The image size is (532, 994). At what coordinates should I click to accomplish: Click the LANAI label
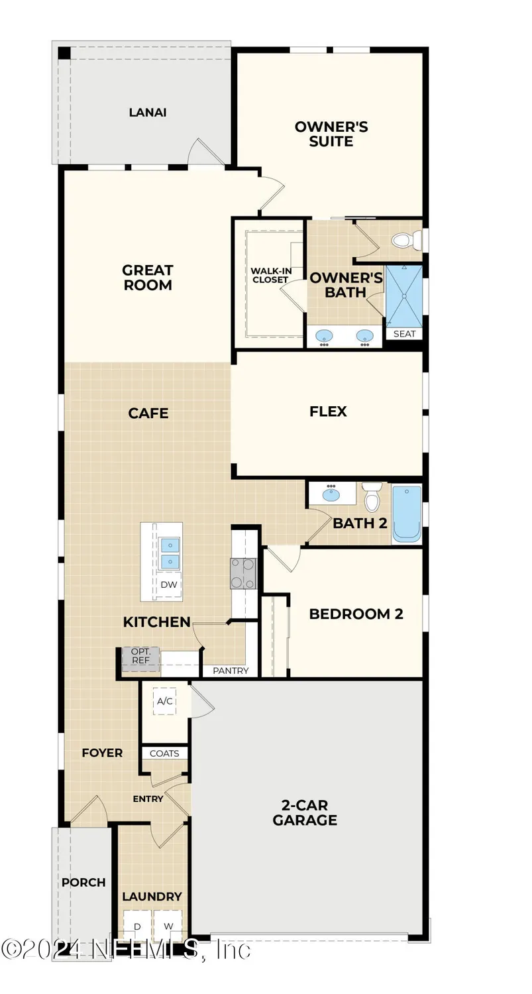pos(147,112)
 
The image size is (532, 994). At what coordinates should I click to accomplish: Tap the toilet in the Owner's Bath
pos(406,240)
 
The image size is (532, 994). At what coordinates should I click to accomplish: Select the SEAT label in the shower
pos(404,333)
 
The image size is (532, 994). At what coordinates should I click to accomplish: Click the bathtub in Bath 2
pos(406,514)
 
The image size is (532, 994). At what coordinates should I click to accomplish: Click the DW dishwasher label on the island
pos(169,584)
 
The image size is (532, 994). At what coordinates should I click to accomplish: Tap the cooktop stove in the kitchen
pos(242,573)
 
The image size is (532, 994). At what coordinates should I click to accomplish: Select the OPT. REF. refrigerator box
pos(140,656)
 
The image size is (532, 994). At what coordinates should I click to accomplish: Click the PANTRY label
pos(231,671)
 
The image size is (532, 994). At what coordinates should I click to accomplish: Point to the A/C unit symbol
pos(164,700)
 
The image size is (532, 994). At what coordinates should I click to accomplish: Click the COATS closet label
pos(164,753)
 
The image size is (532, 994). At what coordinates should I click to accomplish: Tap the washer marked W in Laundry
pos(168,926)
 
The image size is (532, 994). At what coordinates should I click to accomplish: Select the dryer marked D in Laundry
pos(138,926)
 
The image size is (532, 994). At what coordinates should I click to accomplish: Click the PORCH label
pos(83,882)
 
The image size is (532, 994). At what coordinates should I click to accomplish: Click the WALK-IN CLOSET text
pos(269,275)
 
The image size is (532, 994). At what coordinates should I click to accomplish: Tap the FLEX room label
pos(328,412)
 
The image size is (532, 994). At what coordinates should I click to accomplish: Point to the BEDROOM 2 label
pos(356,614)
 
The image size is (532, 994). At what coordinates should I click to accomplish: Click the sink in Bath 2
pos(331,494)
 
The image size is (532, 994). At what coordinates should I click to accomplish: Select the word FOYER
pos(102,753)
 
